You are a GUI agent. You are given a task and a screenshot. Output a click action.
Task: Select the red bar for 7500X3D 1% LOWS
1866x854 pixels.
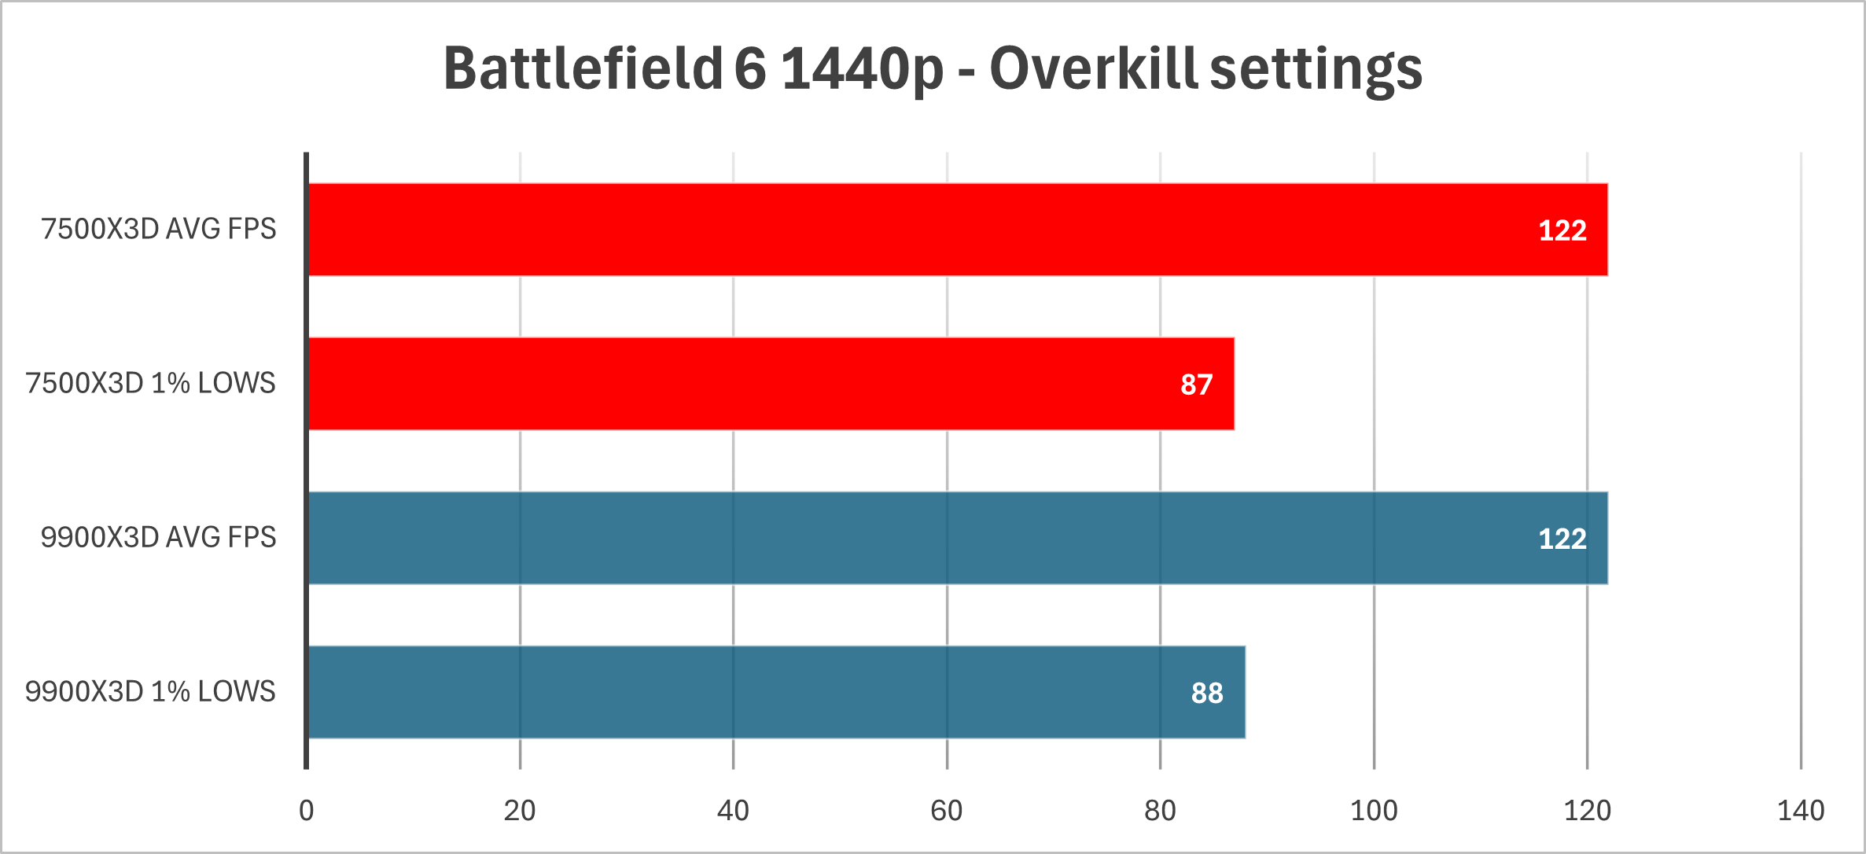(771, 384)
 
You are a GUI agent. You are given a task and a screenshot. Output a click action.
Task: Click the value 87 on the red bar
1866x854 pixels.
(1196, 385)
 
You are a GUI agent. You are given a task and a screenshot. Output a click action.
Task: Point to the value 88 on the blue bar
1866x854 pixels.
(1207, 693)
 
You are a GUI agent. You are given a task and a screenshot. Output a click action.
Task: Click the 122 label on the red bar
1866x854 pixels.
(1562, 230)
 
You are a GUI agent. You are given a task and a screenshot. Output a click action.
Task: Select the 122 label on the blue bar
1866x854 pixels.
(1562, 539)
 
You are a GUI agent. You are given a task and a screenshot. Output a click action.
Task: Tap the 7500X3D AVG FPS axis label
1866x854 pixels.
(158, 229)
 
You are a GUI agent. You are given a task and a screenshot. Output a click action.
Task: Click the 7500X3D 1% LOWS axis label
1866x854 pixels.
(150, 383)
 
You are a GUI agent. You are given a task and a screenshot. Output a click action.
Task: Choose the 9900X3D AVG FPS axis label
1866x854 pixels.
(158, 537)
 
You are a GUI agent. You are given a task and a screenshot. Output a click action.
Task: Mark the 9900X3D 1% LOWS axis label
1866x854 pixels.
(150, 691)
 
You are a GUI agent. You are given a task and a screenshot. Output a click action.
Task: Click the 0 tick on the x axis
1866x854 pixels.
(306, 811)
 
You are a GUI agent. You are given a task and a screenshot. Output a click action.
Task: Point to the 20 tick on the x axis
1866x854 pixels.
(519, 811)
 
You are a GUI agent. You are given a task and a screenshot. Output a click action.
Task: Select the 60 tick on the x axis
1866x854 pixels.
(946, 811)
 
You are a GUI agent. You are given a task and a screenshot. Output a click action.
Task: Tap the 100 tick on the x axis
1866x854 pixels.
(1373, 811)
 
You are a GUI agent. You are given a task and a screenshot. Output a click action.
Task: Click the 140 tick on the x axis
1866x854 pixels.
(1800, 811)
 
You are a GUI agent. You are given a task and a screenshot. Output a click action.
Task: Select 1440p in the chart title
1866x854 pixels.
(862, 69)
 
